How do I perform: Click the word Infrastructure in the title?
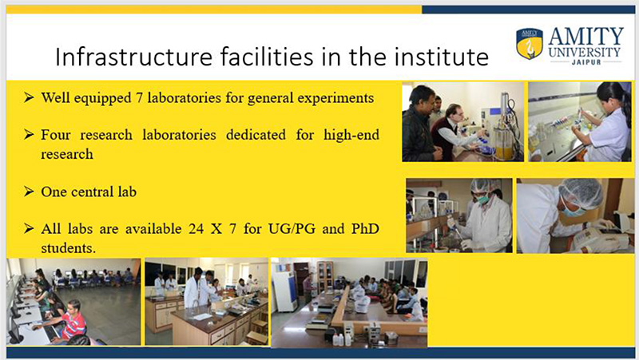pyautogui.click(x=133, y=57)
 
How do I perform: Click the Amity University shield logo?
pyautogui.click(x=530, y=43)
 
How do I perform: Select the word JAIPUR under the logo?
pyautogui.click(x=586, y=62)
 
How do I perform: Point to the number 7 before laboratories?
pyautogui.click(x=139, y=98)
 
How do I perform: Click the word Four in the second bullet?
pyautogui.click(x=55, y=135)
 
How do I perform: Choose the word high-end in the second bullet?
pyautogui.click(x=351, y=135)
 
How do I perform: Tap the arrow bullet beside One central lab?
pyautogui.click(x=29, y=191)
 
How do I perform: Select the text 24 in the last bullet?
pyautogui.click(x=196, y=229)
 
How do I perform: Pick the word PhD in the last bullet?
pyautogui.click(x=365, y=228)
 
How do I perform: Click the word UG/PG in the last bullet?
pyautogui.click(x=292, y=229)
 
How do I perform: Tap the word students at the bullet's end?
pyautogui.click(x=68, y=248)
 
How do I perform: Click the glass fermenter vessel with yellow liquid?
pyautogui.click(x=504, y=142)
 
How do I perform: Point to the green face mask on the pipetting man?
pyautogui.click(x=483, y=199)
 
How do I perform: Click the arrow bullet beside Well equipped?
pyautogui.click(x=29, y=97)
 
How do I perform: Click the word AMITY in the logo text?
pyautogui.click(x=585, y=37)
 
